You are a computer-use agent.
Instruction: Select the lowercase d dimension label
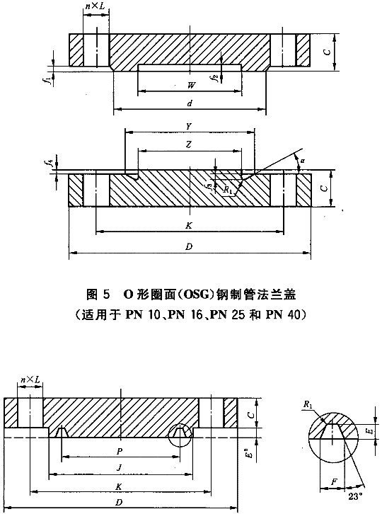[190, 103]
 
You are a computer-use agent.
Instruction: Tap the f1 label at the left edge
[50, 80]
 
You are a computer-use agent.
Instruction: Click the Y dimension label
[189, 127]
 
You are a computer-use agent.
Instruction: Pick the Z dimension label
[189, 144]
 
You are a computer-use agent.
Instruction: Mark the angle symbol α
[303, 161]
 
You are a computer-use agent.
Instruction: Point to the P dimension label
[120, 452]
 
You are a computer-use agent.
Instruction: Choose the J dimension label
[120, 468]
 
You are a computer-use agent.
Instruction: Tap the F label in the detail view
[334, 482]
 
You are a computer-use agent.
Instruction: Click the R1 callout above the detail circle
[308, 404]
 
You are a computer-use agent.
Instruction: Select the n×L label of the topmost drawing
[95, 6]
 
